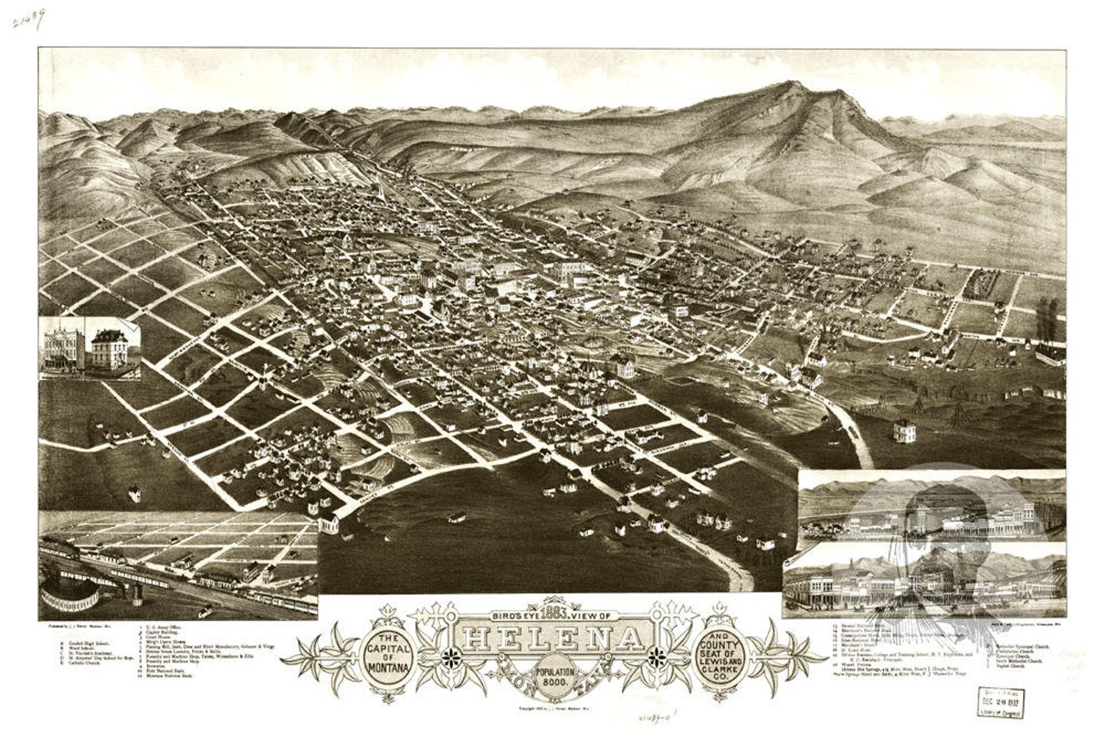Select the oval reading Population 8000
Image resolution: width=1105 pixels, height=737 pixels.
point(555,678)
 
